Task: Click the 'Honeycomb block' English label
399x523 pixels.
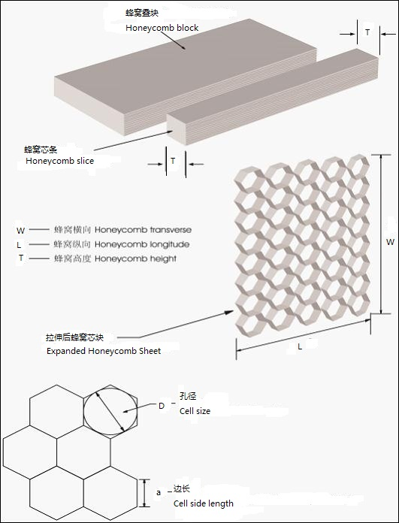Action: pyautogui.click(x=162, y=28)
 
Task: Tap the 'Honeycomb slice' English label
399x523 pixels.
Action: pyautogui.click(x=59, y=161)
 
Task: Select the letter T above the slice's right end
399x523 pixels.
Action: pyautogui.click(x=367, y=32)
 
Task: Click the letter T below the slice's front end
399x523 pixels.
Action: pyautogui.click(x=173, y=161)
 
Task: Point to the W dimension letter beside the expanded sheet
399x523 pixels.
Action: pyautogui.click(x=390, y=242)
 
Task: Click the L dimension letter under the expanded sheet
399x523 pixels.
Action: pyautogui.click(x=300, y=347)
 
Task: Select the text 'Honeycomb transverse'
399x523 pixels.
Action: pyautogui.click(x=143, y=230)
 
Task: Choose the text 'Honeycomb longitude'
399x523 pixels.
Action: pyautogui.click(x=142, y=244)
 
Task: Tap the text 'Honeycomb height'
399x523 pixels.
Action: pyautogui.click(x=135, y=258)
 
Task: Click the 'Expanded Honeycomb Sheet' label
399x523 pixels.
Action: pyautogui.click(x=104, y=351)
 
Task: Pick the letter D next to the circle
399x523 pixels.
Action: pyautogui.click(x=162, y=406)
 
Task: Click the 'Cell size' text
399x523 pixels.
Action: pyautogui.click(x=195, y=411)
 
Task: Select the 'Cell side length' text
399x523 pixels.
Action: pyautogui.click(x=203, y=503)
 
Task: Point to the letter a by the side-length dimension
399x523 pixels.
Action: pyautogui.click(x=159, y=492)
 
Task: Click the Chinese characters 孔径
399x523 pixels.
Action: pyautogui.click(x=188, y=396)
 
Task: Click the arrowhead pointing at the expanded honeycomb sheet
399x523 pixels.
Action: pyautogui.click(x=229, y=312)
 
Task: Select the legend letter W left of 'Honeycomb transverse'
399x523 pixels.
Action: pyautogui.click(x=20, y=231)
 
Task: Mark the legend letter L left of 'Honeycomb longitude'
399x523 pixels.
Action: pyautogui.click(x=19, y=245)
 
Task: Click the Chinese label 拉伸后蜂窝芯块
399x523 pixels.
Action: pyautogui.click(x=74, y=337)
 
